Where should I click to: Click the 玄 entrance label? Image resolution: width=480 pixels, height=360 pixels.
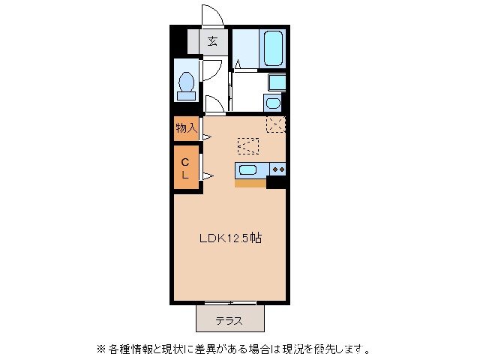(x=213, y=41)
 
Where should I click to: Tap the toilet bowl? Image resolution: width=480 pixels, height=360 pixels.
(x=186, y=82)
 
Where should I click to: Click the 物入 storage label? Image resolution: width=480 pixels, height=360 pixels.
(x=186, y=128)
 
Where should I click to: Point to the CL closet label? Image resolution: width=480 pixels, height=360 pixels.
(x=185, y=166)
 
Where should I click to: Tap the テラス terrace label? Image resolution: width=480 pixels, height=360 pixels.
(x=229, y=321)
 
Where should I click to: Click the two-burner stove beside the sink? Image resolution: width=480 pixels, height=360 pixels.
(x=278, y=169)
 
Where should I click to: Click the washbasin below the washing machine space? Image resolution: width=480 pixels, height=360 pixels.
(x=274, y=103)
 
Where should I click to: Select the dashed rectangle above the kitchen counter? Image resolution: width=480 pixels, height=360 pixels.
(x=248, y=145)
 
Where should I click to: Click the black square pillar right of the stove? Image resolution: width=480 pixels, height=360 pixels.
(x=277, y=181)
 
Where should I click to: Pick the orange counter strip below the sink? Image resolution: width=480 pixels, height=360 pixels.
(x=250, y=182)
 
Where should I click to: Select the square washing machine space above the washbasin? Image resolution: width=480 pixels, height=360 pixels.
(x=277, y=82)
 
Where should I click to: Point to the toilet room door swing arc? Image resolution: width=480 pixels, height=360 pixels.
(x=211, y=71)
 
